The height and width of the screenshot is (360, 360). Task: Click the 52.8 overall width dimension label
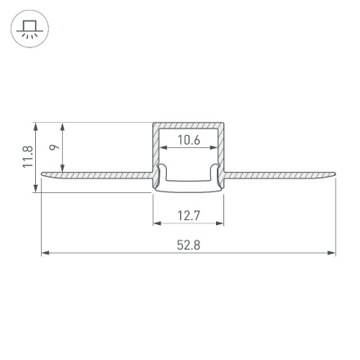click(189, 245)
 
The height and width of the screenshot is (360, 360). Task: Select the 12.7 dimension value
click(189, 215)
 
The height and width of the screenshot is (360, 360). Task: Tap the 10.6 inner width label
click(189, 140)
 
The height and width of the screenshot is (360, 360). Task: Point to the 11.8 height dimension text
click(27, 157)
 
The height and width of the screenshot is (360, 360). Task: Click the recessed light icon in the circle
click(29, 30)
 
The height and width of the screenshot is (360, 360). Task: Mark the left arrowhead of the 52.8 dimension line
click(45, 253)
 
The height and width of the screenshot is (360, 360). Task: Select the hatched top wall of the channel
click(189, 127)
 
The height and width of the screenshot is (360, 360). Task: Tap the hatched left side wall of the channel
click(155, 151)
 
